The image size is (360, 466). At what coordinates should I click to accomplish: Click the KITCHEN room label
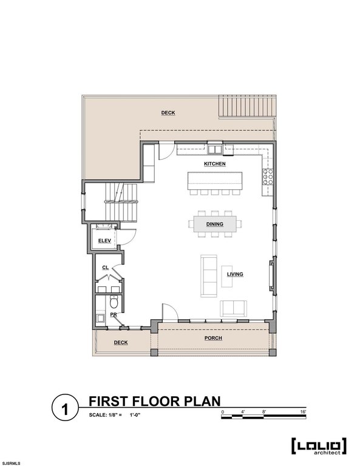pyautogui.click(x=215, y=164)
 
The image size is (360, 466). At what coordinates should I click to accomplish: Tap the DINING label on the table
pyautogui.click(x=215, y=224)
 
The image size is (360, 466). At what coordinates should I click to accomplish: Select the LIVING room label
pyautogui.click(x=235, y=274)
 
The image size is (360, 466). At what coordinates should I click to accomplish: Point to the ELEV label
pyautogui.click(x=104, y=240)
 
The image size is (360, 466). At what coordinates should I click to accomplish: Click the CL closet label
pyautogui.click(x=106, y=268)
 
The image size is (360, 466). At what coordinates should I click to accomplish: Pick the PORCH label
pyautogui.click(x=213, y=338)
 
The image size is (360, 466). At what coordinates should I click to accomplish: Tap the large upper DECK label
pyautogui.click(x=168, y=113)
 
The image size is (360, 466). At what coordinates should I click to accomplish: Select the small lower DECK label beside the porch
pyautogui.click(x=121, y=342)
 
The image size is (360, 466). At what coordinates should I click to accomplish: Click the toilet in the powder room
pyautogui.click(x=114, y=302)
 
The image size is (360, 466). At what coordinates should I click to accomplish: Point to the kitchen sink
pyautogui.click(x=215, y=149)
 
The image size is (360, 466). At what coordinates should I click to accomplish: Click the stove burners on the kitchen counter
pyautogui.click(x=267, y=178)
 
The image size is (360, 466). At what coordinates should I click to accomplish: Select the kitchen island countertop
pyautogui.click(x=215, y=181)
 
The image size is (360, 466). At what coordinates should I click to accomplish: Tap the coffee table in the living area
pyautogui.click(x=227, y=276)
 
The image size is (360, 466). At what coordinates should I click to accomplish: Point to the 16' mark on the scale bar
pyautogui.click(x=303, y=411)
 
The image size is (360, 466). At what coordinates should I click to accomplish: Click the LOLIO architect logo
pyautogui.click(x=319, y=447)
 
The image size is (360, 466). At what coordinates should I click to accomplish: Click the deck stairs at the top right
pyautogui.click(x=246, y=106)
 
